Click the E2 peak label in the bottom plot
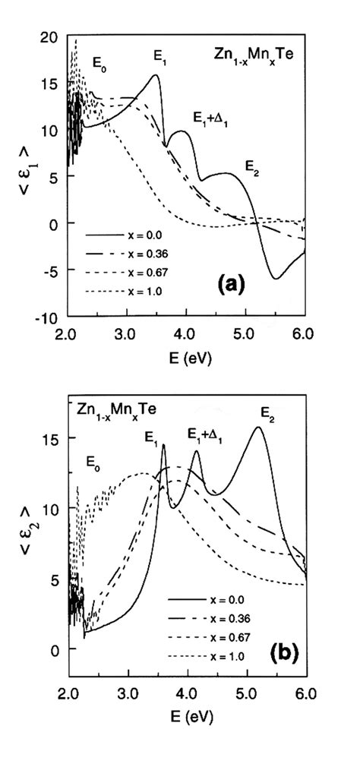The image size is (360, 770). click(268, 413)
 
